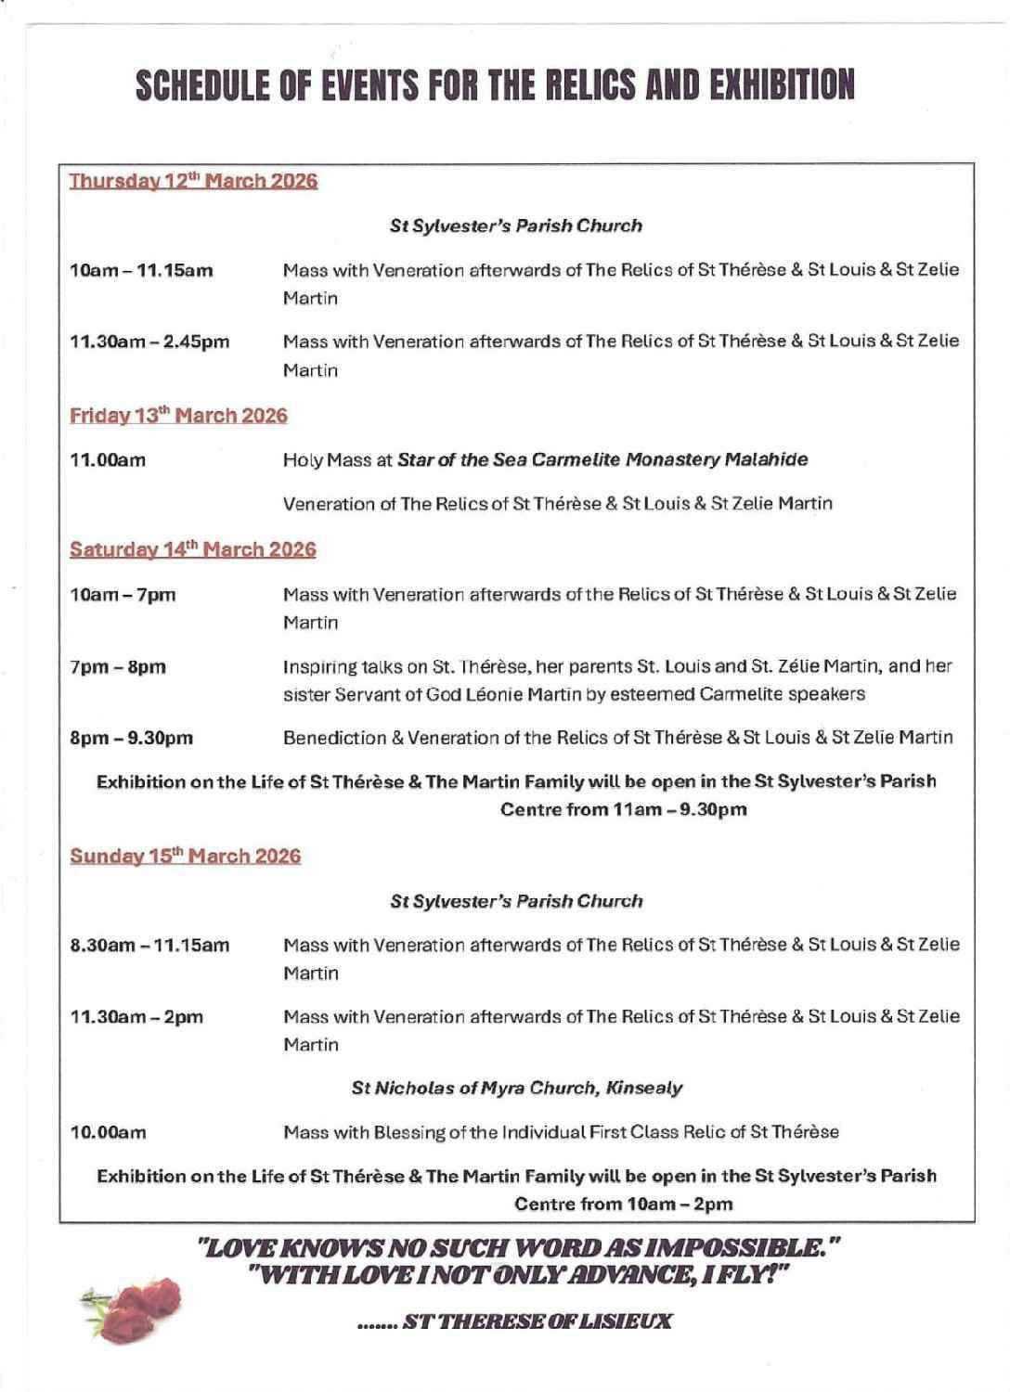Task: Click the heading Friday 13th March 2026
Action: click(179, 415)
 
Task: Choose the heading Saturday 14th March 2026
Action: click(193, 549)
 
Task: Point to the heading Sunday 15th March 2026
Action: click(186, 855)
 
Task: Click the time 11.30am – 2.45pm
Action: click(149, 342)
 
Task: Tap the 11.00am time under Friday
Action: click(108, 459)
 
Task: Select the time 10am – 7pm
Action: click(123, 594)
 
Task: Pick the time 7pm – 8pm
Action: click(118, 666)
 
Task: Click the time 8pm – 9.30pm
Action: click(132, 739)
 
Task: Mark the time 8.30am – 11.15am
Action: click(149, 946)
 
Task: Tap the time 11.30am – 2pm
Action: click(136, 1016)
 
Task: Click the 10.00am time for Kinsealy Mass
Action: click(108, 1132)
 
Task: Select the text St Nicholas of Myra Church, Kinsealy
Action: click(517, 1088)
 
